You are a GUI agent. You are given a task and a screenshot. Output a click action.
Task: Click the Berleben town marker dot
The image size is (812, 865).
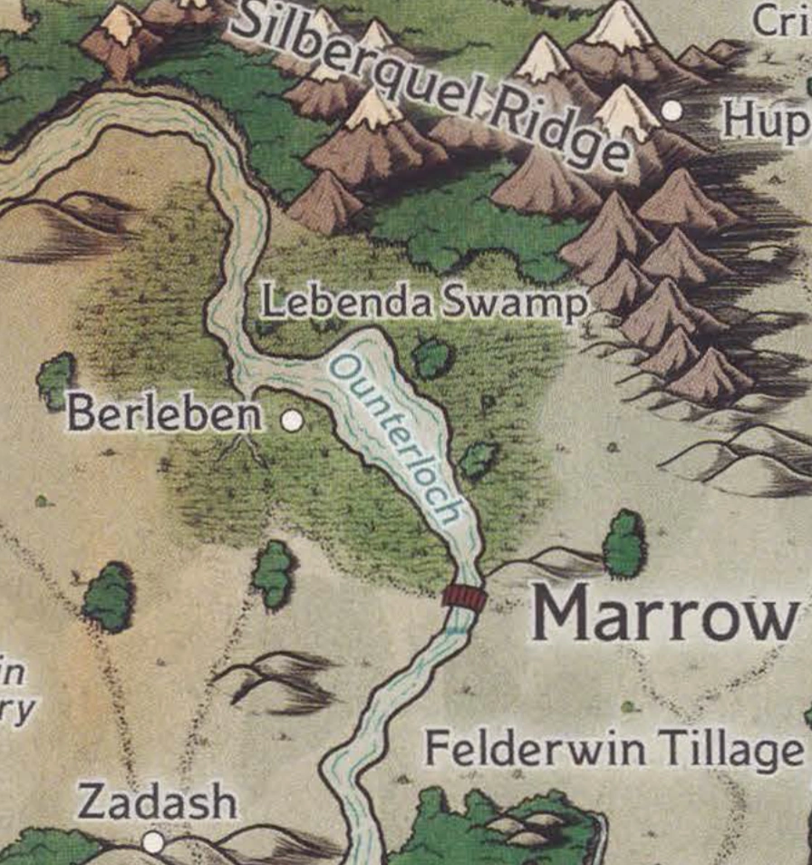[291, 421]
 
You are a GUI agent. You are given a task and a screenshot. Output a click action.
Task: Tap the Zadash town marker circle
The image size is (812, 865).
[153, 842]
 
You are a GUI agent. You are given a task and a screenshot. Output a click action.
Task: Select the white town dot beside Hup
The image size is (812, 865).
[672, 111]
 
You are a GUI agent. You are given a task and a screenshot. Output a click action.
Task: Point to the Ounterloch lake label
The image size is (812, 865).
[394, 437]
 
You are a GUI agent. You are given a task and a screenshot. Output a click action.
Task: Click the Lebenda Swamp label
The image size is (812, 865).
[425, 303]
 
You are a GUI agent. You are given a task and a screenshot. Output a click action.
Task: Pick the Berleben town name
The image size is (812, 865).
[165, 415]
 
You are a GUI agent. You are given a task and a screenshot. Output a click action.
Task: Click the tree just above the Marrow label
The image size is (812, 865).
[624, 544]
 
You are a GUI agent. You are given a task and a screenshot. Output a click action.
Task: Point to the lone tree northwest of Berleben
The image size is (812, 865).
[56, 380]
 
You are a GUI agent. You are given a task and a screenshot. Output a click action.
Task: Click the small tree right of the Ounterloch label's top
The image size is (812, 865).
[433, 358]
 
